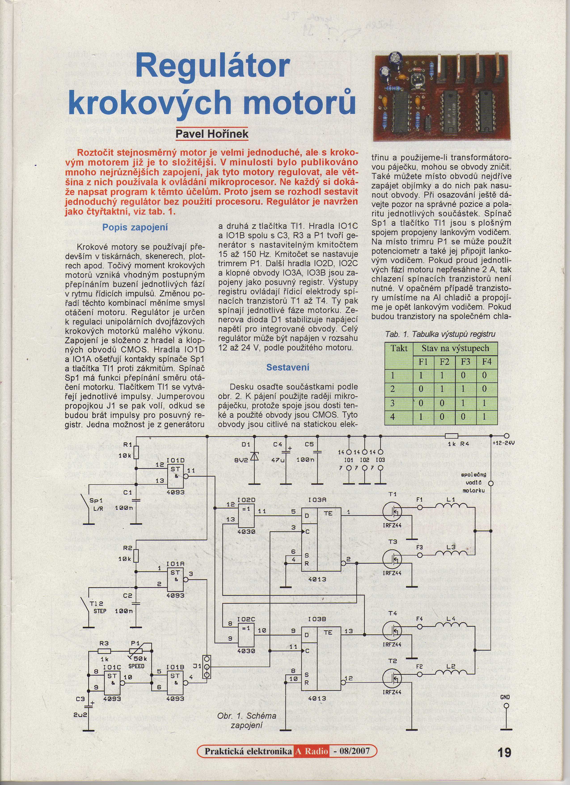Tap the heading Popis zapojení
tap(135, 227)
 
